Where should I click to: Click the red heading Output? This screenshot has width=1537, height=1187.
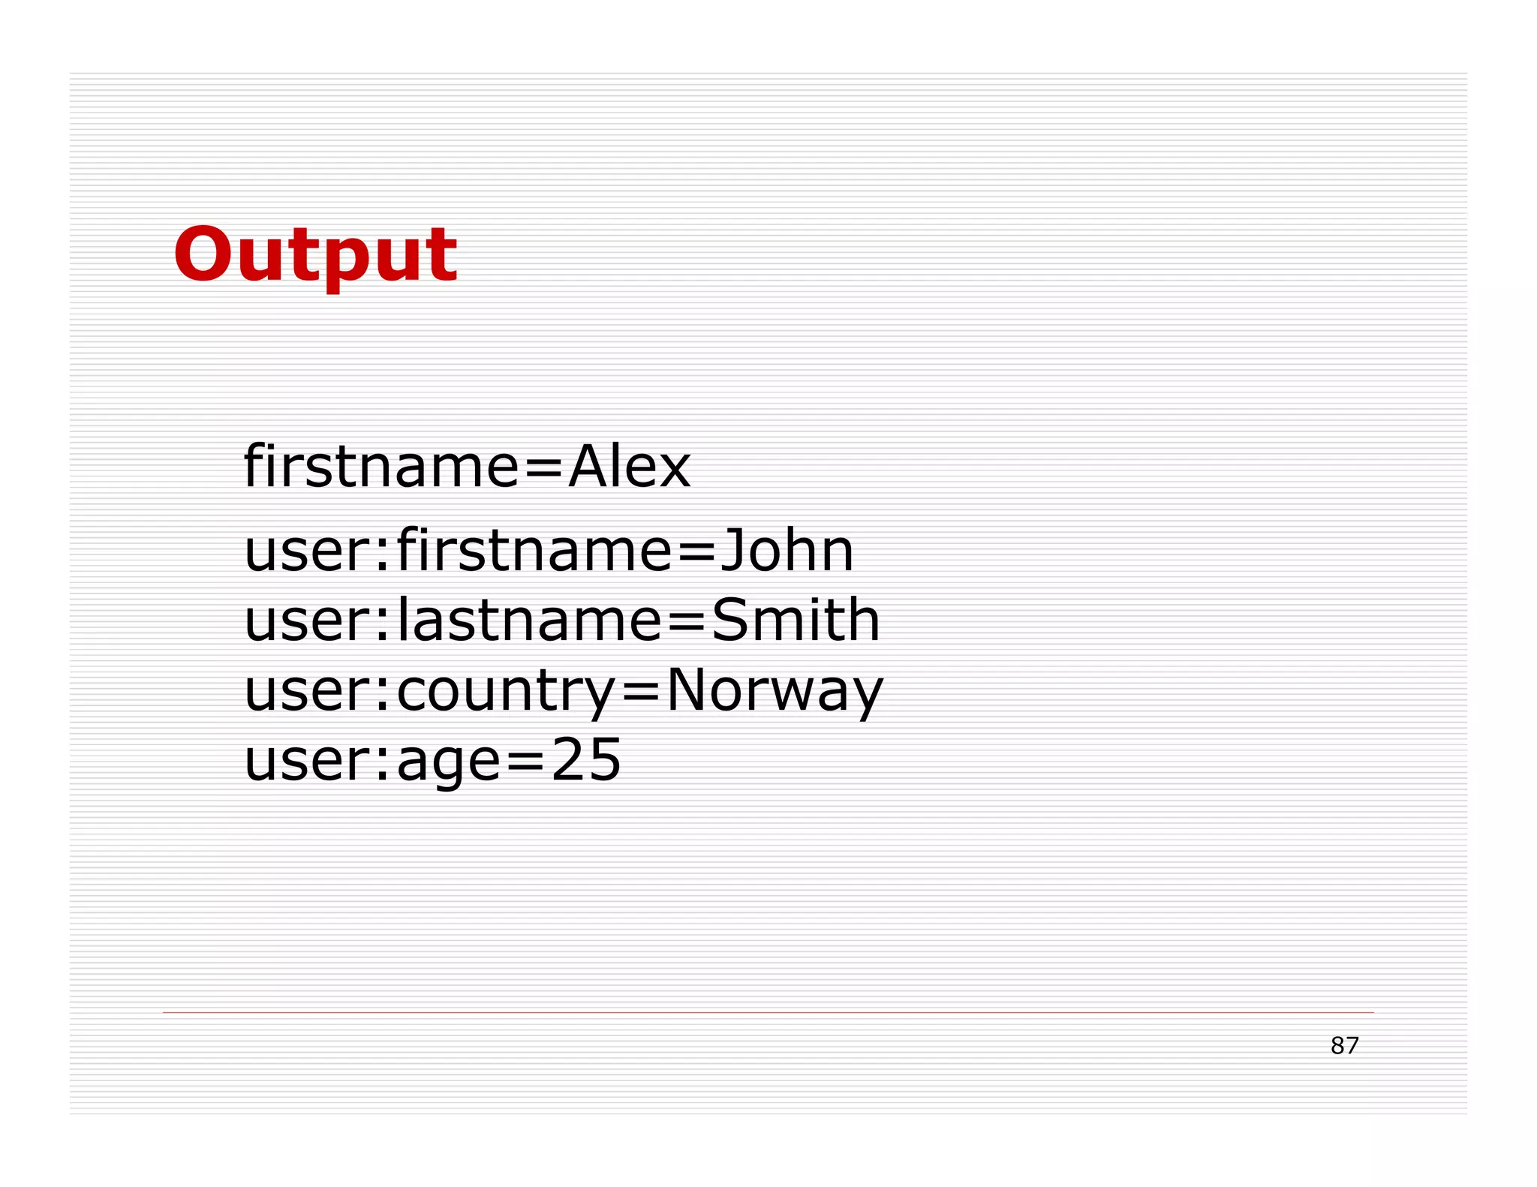315,255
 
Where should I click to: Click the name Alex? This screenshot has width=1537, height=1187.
629,467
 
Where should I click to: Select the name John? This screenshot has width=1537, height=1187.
787,550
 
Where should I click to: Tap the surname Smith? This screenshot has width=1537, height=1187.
796,621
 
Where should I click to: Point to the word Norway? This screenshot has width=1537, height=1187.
775,690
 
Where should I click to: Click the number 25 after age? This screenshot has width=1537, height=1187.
586,759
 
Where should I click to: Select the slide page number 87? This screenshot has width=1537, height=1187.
1344,1045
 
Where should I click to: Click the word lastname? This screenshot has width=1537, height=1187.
528,621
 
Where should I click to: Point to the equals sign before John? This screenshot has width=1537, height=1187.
697,551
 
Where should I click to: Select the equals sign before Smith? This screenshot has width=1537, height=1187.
686,622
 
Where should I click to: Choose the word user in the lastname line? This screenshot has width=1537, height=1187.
308,622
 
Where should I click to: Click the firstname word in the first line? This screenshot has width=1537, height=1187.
381,467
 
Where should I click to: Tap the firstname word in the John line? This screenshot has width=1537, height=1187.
534,550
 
